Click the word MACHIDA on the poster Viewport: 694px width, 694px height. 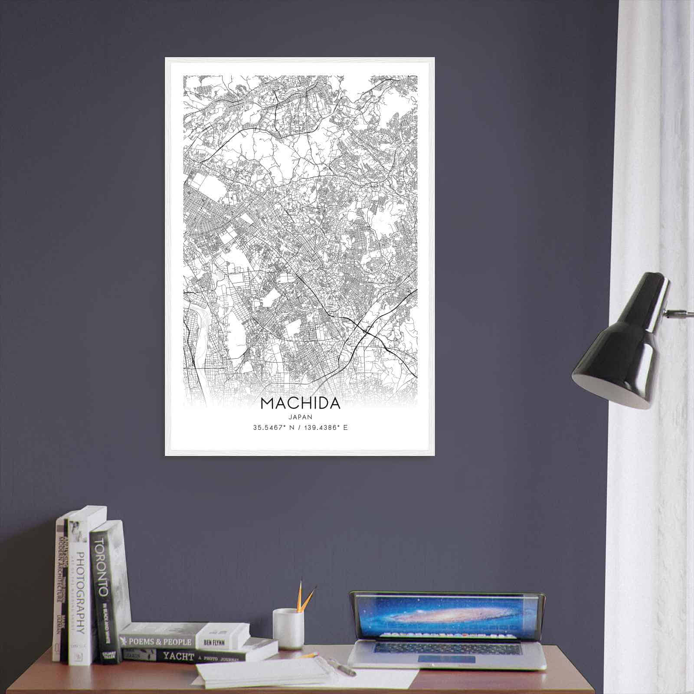(300, 403)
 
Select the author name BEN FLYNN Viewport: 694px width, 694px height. (213, 641)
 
